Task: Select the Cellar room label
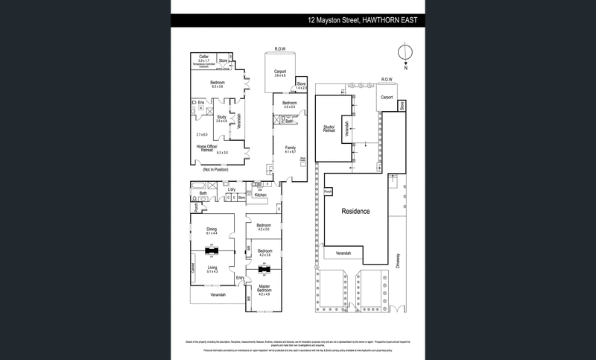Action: [203, 57]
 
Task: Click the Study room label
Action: [221, 117]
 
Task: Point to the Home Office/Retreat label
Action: [207, 149]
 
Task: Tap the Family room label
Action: [291, 148]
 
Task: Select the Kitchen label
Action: [260, 195]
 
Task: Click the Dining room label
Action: [212, 230]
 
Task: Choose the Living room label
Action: [212, 268]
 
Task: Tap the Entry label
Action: [240, 278]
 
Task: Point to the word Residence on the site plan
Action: [355, 212]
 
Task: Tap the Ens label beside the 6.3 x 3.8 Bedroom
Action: [201, 101]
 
